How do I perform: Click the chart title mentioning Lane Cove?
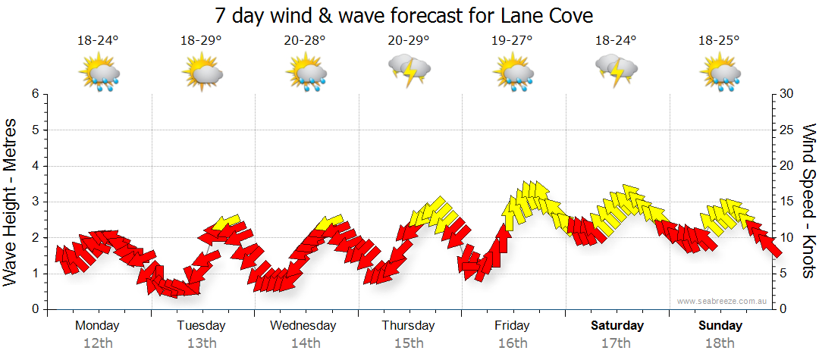pos(403,15)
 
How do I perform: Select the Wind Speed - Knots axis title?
pos(808,201)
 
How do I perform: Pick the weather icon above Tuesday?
pos(202,74)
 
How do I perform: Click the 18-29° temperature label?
pos(201,41)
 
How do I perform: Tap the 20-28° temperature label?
pos(305,41)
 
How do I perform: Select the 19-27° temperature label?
pos(512,41)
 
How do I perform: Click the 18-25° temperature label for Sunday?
pos(719,41)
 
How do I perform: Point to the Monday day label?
pos(97,325)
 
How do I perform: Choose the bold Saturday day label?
pos(617,325)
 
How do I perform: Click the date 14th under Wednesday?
pos(305,343)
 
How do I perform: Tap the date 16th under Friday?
pos(512,343)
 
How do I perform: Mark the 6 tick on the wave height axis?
pos(35,94)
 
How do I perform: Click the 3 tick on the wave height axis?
pos(35,202)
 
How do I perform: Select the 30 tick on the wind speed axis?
pos(787,94)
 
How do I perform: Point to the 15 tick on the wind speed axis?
pos(787,202)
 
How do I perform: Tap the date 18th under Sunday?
pos(720,343)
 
